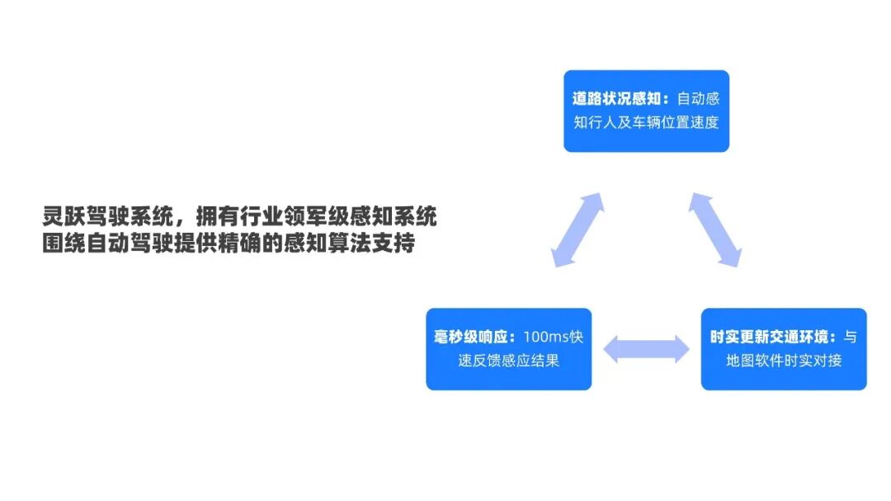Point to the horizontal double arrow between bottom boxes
click(646, 349)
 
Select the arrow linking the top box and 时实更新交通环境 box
click(714, 229)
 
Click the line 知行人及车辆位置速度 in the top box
click(646, 123)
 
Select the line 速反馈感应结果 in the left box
click(508, 362)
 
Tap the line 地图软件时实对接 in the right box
click(784, 362)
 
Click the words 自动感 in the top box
click(698, 99)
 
